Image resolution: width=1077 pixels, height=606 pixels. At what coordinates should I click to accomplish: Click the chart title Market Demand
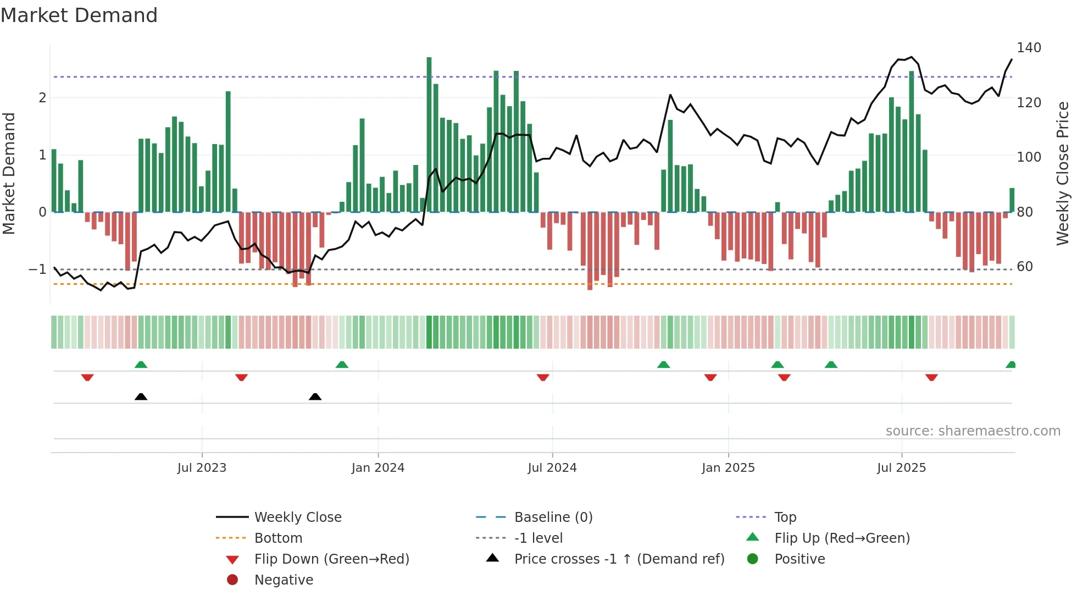click(79, 15)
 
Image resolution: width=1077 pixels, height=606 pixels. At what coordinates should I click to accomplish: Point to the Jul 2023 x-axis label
click(202, 467)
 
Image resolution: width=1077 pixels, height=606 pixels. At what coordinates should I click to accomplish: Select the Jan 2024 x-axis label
click(377, 467)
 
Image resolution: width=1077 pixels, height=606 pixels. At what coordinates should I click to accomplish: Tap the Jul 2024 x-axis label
click(552, 467)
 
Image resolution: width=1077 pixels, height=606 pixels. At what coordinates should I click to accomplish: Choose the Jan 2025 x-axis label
click(728, 467)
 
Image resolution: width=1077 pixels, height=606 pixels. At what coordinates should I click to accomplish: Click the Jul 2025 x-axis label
click(901, 467)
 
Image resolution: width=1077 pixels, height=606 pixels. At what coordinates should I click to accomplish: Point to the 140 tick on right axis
click(1029, 48)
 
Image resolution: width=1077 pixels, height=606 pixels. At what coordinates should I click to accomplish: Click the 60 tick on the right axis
click(1025, 267)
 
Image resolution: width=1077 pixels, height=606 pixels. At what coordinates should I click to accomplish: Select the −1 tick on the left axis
click(37, 269)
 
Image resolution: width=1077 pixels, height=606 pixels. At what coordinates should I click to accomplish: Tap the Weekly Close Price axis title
click(1063, 173)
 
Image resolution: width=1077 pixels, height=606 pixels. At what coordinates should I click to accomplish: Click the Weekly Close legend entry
click(297, 517)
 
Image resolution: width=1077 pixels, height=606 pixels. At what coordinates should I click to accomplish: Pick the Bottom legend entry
click(278, 538)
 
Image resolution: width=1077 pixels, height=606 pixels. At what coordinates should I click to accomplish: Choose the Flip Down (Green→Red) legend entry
click(331, 559)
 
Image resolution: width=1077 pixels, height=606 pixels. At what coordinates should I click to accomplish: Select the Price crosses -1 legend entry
click(619, 559)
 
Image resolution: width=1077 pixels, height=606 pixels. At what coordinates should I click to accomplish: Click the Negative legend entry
click(284, 580)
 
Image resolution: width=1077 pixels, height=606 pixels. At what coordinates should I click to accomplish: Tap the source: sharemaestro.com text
click(973, 431)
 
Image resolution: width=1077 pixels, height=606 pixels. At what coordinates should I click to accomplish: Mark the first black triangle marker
click(141, 396)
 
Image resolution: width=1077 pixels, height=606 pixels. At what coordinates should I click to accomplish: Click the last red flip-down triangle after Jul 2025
click(931, 377)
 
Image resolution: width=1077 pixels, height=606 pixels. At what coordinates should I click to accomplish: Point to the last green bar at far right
click(1012, 200)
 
